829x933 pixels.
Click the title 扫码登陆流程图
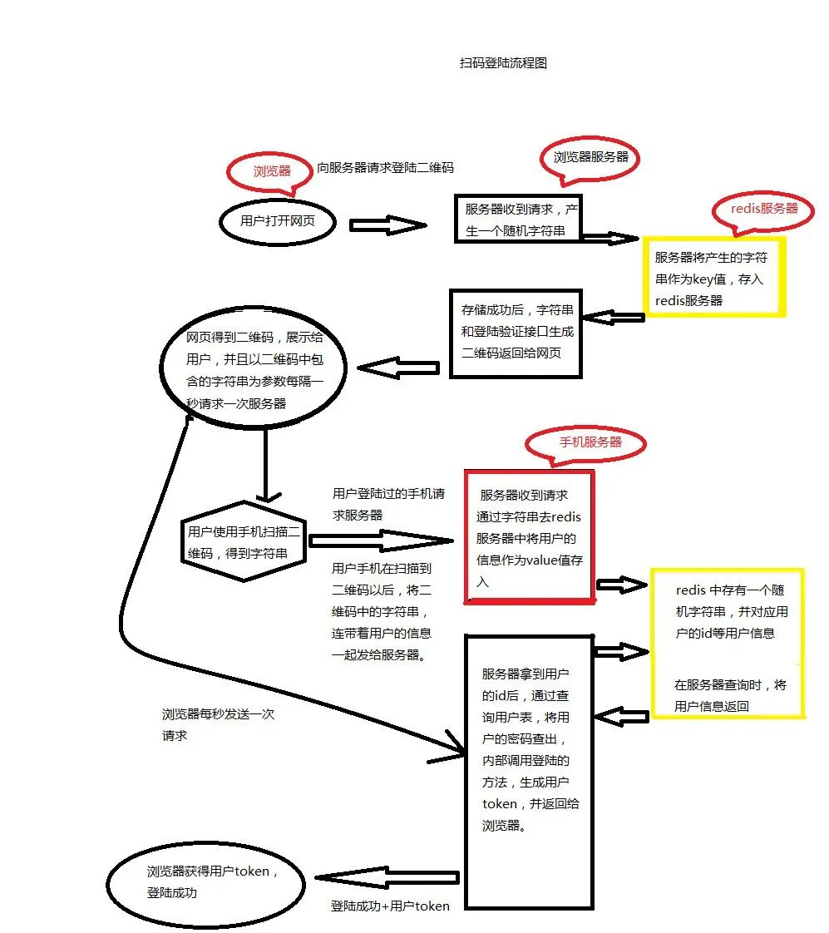click(503, 62)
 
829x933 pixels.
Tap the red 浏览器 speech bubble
click(272, 171)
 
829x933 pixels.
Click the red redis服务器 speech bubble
click(763, 209)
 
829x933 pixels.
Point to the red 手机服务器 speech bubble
click(590, 442)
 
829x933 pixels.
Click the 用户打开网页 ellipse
click(278, 221)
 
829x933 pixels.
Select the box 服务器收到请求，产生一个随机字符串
click(516, 219)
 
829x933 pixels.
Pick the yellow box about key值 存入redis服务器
click(713, 278)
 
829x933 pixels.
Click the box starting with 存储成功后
click(516, 332)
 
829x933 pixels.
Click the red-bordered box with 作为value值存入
click(529, 536)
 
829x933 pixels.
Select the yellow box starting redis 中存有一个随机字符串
click(728, 643)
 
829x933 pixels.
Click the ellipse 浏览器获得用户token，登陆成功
click(211, 882)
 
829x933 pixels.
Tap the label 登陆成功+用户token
click(390, 906)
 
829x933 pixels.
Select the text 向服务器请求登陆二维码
click(386, 167)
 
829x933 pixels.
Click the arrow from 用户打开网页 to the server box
click(387, 225)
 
